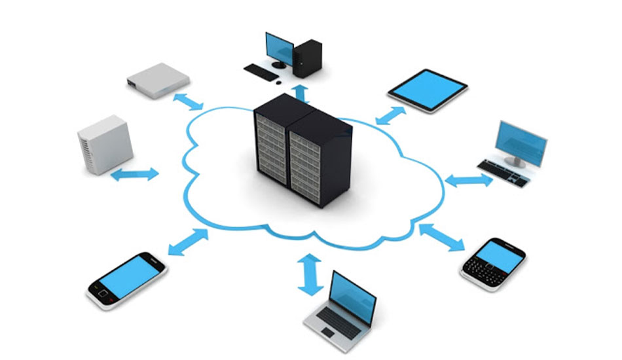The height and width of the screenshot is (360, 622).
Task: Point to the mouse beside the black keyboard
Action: [278, 82]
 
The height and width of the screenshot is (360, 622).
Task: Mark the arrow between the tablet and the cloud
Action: [392, 115]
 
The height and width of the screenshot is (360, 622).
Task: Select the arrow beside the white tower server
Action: [134, 174]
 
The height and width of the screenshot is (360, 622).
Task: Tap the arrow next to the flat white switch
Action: [188, 101]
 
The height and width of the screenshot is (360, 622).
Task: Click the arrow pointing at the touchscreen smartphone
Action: [188, 242]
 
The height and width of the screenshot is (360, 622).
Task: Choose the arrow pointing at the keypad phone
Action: [441, 237]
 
